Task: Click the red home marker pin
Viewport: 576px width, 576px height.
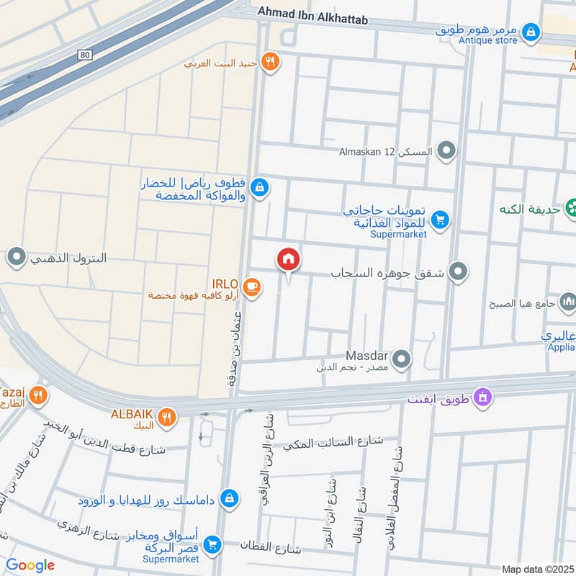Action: coord(289,259)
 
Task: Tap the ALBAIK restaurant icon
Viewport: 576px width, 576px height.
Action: coord(167,416)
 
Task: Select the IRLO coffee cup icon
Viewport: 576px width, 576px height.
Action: coord(251,287)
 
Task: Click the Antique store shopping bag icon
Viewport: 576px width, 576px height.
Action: coord(531,31)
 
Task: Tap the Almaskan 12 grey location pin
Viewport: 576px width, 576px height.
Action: coord(447,151)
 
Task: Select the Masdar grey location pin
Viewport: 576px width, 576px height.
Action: coord(402,358)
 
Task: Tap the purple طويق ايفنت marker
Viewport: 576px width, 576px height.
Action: coord(483,396)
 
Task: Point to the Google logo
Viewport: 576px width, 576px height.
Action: coord(30,565)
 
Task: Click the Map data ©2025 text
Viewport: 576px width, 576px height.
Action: coord(536,570)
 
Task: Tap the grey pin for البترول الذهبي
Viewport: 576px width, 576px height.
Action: coord(16,257)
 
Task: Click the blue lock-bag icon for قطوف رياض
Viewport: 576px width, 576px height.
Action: coord(260,188)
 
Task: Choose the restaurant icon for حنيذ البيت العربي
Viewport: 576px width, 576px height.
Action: coord(271,62)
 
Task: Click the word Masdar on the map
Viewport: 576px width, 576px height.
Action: coord(366,356)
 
